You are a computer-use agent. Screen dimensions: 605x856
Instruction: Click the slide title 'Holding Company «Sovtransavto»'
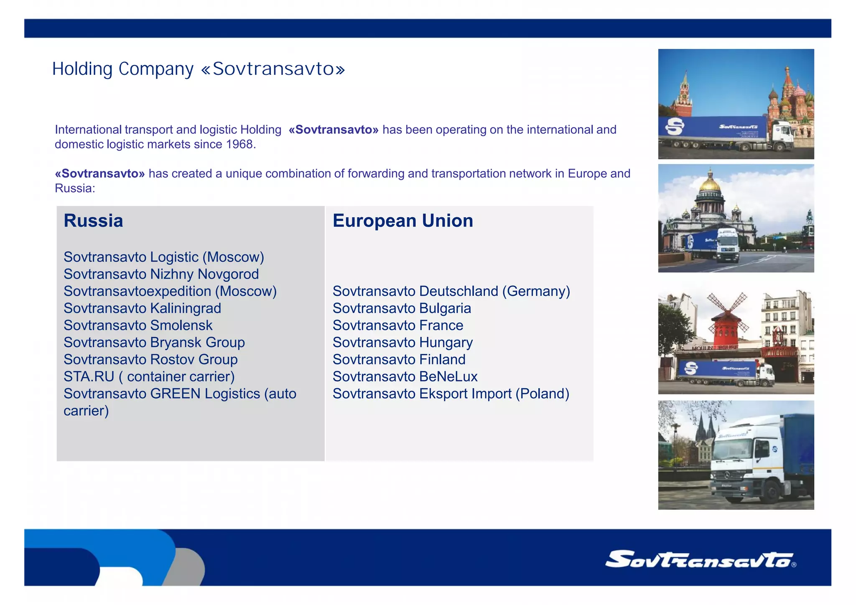199,69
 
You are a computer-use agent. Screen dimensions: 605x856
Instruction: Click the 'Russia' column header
93,221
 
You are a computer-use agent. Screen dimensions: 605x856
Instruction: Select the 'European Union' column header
403,221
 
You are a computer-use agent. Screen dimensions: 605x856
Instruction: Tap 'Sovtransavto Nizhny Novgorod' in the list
161,274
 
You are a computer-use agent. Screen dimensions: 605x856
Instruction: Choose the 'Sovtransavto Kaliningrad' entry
142,308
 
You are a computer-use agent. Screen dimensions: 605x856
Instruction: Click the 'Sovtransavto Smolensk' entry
138,325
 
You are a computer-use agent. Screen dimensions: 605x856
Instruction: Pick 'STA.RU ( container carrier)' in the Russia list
149,376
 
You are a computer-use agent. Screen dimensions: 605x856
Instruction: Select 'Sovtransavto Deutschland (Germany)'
451,291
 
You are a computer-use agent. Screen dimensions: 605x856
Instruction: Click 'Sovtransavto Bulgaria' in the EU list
402,308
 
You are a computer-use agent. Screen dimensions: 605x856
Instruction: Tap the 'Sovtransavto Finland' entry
399,360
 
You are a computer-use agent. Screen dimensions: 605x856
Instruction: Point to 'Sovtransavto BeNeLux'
405,376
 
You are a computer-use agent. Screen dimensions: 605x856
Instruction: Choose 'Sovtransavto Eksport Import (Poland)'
451,394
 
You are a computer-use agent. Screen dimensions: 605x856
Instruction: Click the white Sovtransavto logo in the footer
700,559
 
